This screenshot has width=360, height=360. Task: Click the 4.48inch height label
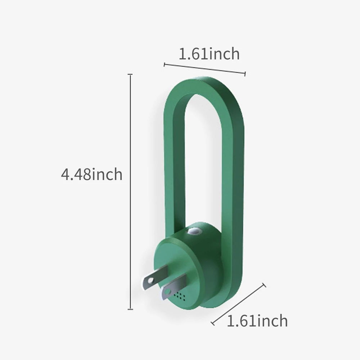click(x=91, y=175)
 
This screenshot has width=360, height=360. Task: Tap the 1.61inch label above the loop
click(x=209, y=54)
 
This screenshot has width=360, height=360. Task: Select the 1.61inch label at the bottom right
click(x=257, y=321)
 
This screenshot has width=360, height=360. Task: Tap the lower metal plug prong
click(x=174, y=287)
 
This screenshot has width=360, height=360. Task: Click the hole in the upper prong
click(x=150, y=280)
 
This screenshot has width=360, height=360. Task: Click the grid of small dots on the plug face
click(x=180, y=296)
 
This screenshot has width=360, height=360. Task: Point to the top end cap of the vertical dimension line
click(x=130, y=75)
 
